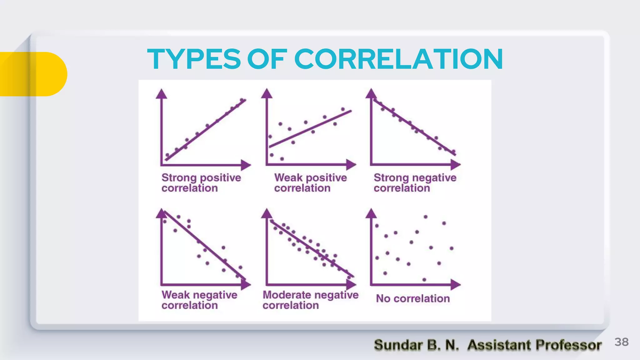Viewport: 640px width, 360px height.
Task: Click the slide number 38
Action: coord(621,342)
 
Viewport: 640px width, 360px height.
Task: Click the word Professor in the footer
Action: coord(568,345)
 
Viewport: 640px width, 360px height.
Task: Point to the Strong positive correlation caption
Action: coord(201,183)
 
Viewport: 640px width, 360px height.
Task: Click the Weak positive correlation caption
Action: coord(310,183)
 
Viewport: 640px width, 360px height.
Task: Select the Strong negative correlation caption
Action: coord(415,183)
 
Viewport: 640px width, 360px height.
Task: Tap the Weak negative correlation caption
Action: coord(199,300)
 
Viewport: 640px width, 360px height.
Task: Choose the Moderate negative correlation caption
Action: coord(310,300)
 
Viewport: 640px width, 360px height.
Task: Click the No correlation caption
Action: coord(413,299)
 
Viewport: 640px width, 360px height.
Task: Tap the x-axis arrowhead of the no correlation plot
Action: coord(456,285)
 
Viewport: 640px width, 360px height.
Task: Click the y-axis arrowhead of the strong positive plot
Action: coord(162,94)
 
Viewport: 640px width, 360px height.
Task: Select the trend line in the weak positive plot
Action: coord(310,129)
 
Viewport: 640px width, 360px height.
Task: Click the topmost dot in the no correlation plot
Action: coord(425,217)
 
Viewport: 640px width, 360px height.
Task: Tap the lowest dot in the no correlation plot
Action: coord(424,280)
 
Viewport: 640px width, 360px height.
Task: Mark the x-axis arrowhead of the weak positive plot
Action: coord(351,165)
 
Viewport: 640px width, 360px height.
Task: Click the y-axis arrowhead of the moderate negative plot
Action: coord(267,213)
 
